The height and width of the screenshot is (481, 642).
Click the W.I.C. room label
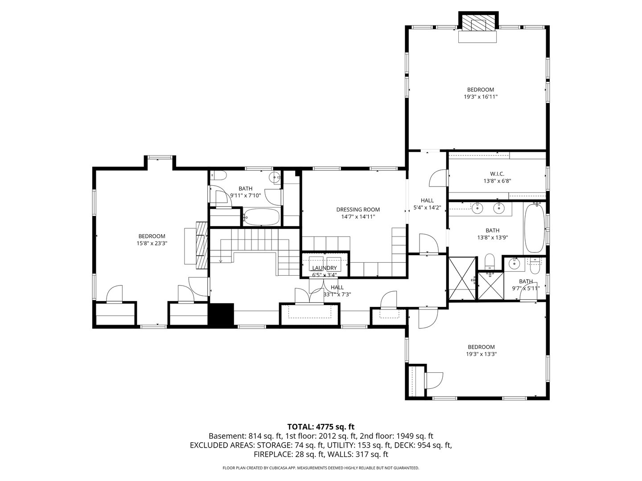pyautogui.click(x=497, y=174)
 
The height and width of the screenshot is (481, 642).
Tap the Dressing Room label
pyautogui.click(x=358, y=209)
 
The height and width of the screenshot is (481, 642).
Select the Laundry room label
pyautogui.click(x=324, y=268)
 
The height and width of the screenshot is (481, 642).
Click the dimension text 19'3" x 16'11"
pyautogui.click(x=480, y=97)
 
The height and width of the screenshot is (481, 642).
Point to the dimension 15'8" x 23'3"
pyautogui.click(x=152, y=243)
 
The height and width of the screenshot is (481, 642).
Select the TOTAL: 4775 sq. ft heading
pyautogui.click(x=321, y=427)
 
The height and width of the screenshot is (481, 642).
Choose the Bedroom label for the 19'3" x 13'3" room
pyautogui.click(x=481, y=347)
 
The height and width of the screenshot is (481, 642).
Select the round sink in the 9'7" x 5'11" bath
pyautogui.click(x=515, y=264)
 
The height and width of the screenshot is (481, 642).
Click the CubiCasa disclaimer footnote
pyautogui.click(x=321, y=468)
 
